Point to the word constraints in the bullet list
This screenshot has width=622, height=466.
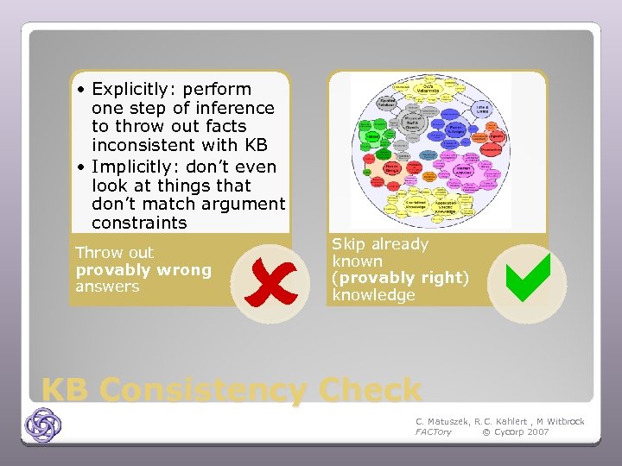coord(139,223)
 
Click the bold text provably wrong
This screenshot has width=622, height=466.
coord(143,270)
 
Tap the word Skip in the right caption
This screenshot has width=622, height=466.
coord(348,244)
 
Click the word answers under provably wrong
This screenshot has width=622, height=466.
coord(107,287)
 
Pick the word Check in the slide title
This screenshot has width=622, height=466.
coord(370,390)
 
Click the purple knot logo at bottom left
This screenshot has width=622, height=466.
coord(42,425)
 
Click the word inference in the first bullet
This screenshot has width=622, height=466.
coord(231,108)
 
